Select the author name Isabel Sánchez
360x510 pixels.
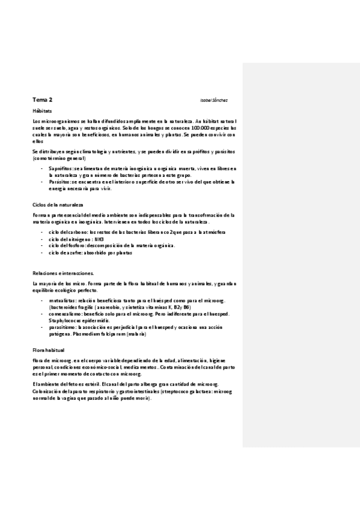pyautogui.click(x=213, y=100)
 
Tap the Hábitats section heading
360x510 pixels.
pyautogui.click(x=42, y=112)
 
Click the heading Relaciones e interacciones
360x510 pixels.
pyautogui.click(x=63, y=273)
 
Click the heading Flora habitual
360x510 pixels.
pyautogui.click(x=49, y=349)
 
